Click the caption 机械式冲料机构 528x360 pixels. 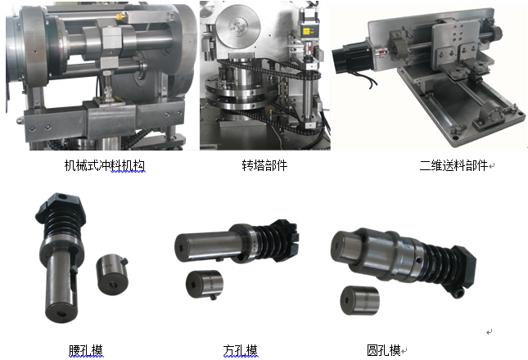[105, 165]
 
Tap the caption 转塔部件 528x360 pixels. [264, 165]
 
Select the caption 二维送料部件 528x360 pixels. [454, 165]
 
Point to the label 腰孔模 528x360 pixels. [86, 350]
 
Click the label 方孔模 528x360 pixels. [240, 350]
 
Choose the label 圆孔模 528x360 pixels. [384, 350]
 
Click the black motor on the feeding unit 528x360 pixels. [352, 57]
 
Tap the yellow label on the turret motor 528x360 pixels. [306, 31]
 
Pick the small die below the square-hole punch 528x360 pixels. [205, 285]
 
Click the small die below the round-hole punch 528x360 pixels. [359, 300]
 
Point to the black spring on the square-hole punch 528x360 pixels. [269, 242]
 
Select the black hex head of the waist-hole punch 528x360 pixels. [61, 206]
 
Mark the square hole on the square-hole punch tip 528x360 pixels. [181, 247]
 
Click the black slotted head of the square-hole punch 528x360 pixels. [285, 240]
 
